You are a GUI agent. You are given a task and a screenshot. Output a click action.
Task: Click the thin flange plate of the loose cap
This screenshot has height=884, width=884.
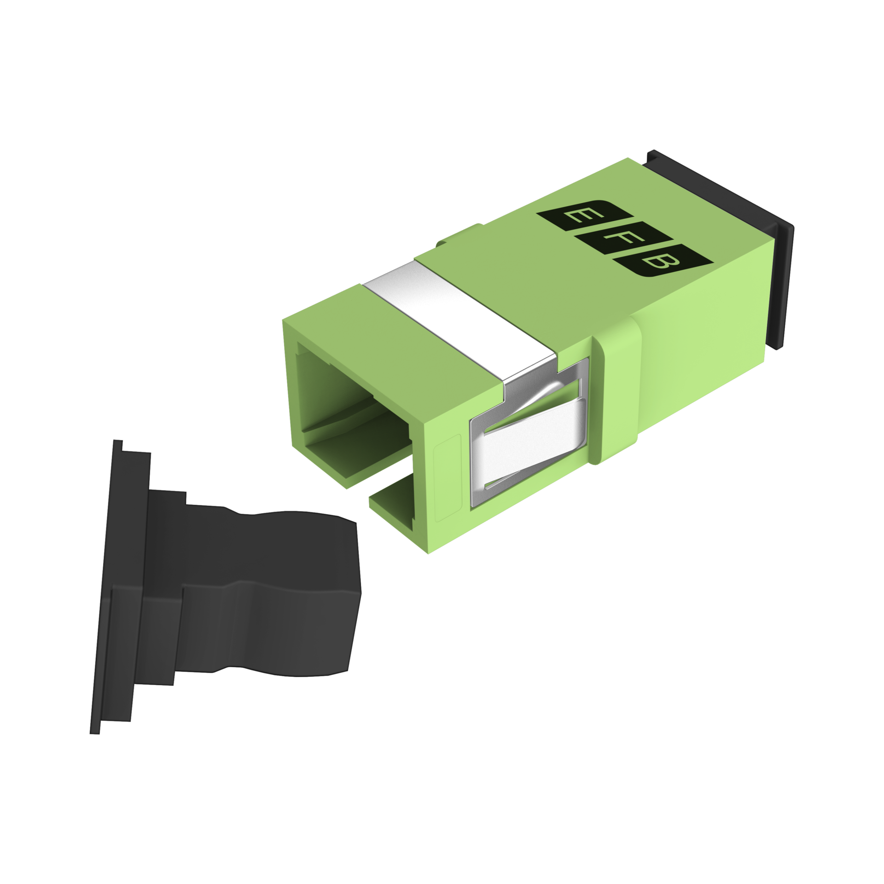(115, 585)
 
